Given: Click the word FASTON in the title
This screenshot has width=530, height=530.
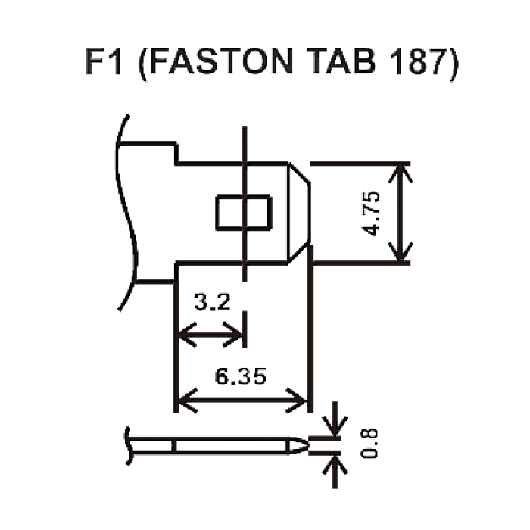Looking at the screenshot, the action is [x=221, y=61].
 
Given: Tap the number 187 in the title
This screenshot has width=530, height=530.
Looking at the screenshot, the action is [x=416, y=61].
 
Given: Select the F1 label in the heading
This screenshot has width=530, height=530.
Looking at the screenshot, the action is [x=103, y=61].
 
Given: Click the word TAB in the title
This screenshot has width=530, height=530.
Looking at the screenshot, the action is [x=343, y=61].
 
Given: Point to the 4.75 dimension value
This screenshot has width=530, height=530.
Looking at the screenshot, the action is [x=371, y=214].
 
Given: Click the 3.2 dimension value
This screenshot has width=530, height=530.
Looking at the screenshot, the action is [x=213, y=302].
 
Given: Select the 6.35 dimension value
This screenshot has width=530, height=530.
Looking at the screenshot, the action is [x=240, y=376].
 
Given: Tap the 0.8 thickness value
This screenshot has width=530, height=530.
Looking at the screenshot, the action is [x=369, y=444].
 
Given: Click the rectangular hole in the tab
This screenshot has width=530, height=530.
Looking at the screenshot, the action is [x=243, y=213].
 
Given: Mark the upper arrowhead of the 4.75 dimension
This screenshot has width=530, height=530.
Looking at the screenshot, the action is [x=401, y=173].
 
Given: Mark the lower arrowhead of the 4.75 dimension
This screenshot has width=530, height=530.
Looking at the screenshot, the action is [x=401, y=252].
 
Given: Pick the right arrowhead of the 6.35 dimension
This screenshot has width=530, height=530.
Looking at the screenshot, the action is [x=297, y=401].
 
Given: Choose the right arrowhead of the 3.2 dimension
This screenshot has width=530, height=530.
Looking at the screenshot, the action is [x=233, y=335].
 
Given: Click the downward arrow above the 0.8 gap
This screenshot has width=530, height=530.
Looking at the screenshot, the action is [x=335, y=419].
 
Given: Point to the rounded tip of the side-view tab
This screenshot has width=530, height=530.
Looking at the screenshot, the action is [x=298, y=446].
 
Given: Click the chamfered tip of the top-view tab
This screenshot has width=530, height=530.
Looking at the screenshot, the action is [x=300, y=213].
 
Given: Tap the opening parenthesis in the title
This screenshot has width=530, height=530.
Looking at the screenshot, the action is [x=143, y=64].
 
